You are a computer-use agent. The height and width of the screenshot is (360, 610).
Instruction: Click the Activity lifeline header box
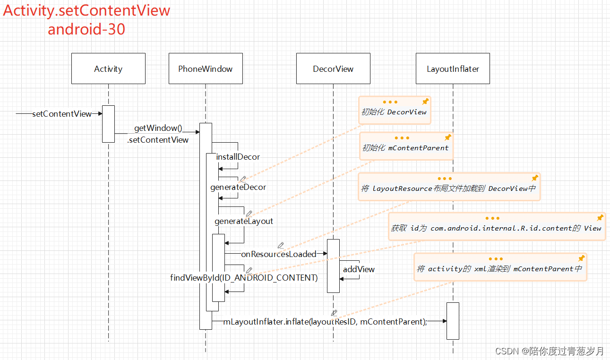pos(108,69)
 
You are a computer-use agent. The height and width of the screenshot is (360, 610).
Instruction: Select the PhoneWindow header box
pos(206,69)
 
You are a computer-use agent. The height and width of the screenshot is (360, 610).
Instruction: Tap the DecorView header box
pos(333,69)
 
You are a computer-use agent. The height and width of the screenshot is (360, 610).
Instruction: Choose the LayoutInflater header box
pos(453,69)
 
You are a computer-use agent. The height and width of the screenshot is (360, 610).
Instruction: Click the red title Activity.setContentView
pos(86,10)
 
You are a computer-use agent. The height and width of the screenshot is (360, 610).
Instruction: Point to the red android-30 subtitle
pos(86,29)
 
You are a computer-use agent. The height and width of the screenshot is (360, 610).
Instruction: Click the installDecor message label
pos(238,157)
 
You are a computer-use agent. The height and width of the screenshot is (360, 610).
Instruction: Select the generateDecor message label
pos(238,187)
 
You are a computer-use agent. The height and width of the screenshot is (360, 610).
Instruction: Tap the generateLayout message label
pos(244,221)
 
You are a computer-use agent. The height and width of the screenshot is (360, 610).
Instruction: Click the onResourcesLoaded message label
pos(278,254)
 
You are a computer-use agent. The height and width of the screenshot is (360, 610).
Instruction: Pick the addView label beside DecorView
pos(359,269)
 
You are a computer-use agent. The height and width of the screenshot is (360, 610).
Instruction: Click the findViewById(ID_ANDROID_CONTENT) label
pos(244,278)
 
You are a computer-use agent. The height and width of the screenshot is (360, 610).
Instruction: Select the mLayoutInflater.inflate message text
pos(325,322)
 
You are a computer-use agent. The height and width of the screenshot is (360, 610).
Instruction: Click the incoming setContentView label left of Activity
pos(62,114)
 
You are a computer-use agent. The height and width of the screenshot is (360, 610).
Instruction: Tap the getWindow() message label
pos(158,128)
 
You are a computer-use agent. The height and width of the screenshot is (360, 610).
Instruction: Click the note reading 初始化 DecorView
pos(394,112)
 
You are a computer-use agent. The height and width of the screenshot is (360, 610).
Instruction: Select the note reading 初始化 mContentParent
pos(405,148)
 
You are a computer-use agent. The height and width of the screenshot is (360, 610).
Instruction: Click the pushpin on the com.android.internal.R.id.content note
pos(600,218)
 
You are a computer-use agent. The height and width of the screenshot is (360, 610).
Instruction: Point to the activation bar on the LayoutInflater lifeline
pos(453,320)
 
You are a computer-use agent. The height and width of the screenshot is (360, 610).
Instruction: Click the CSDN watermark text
pos(549,351)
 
